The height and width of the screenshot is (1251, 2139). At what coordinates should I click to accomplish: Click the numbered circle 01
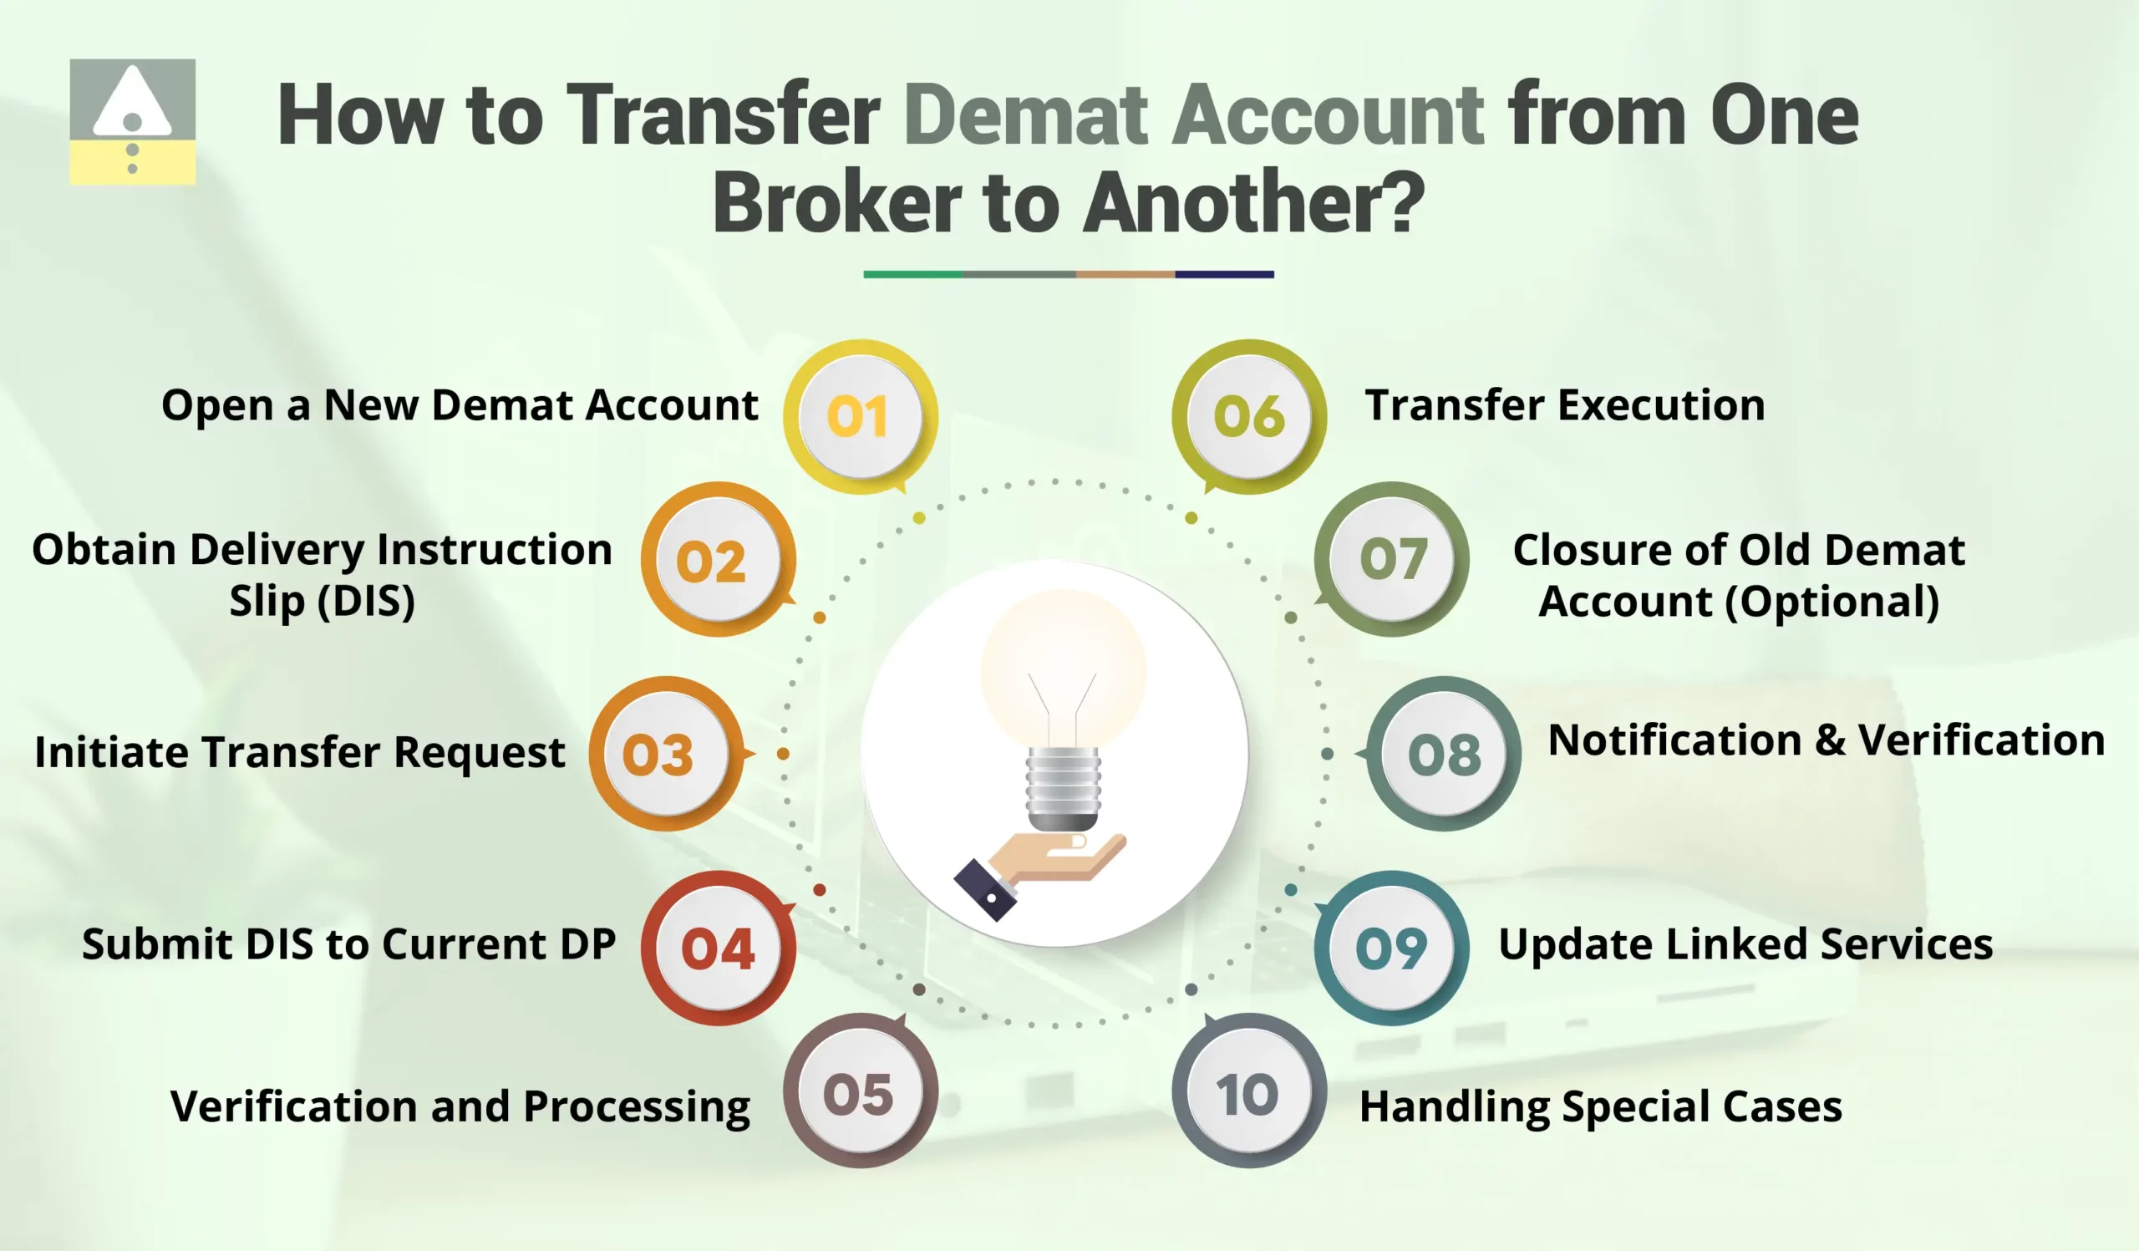click(x=859, y=416)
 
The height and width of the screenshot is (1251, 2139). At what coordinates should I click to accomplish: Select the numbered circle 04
click(x=718, y=947)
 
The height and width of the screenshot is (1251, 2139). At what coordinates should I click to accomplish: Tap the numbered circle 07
click(x=1392, y=559)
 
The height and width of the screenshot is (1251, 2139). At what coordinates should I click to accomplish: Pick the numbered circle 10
click(x=1247, y=1093)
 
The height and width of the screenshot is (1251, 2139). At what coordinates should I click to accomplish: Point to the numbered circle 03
click(x=665, y=754)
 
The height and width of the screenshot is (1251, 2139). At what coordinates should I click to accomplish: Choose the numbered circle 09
click(x=1392, y=947)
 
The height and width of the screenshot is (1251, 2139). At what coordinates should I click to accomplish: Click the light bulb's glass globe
click(x=1063, y=670)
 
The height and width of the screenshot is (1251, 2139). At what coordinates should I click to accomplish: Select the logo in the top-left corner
click(x=132, y=121)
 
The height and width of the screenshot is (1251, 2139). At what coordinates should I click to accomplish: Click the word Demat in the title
click(x=1026, y=116)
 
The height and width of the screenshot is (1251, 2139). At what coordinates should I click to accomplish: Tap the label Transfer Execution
click(x=1564, y=404)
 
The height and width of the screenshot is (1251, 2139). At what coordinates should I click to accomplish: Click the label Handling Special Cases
click(x=1600, y=1106)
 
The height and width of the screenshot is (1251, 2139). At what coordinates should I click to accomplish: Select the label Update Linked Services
click(x=1745, y=943)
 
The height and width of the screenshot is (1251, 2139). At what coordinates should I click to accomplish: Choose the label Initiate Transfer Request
click(x=300, y=752)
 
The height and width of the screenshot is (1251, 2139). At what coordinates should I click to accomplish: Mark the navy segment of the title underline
click(x=1224, y=274)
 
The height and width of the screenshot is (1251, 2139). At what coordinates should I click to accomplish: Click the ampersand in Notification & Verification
click(x=1830, y=741)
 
